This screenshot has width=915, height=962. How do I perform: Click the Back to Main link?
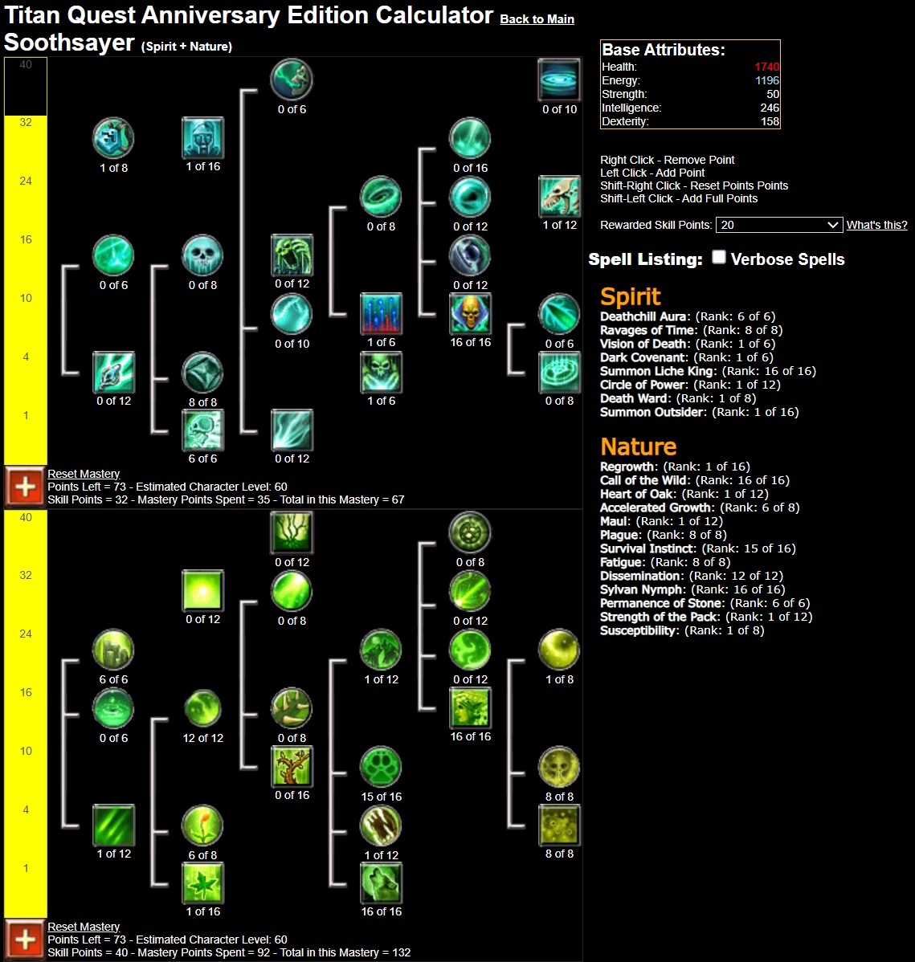coord(537,19)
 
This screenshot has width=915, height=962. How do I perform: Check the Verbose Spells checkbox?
coord(719,257)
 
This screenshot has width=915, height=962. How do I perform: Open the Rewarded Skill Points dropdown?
coord(778,225)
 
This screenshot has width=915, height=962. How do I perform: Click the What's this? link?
coord(876,225)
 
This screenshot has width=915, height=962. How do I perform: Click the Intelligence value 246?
coord(770,108)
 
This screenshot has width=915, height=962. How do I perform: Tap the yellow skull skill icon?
coord(470,314)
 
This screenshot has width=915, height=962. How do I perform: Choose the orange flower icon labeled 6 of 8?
coord(202,825)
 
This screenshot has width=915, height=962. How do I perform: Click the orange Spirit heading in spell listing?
coord(630,296)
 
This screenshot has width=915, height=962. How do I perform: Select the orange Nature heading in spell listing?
coord(638,446)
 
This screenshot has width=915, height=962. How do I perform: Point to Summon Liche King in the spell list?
coord(644,371)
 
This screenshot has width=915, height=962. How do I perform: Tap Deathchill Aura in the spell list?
coord(643,316)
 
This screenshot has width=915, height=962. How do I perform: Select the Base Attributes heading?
coord(663,50)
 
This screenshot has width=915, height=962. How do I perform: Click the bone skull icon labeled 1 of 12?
coord(559,197)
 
